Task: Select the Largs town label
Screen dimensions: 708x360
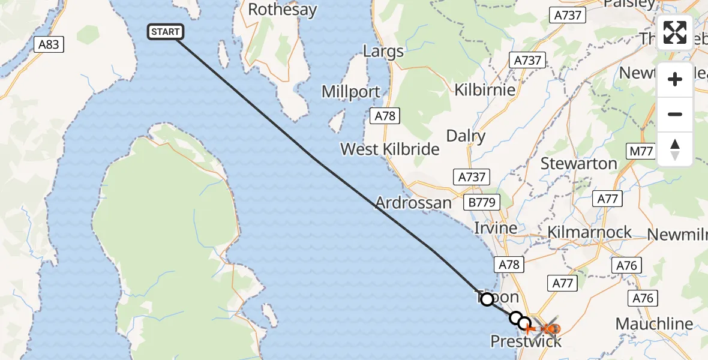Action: (383, 52)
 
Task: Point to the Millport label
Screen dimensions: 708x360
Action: (351, 92)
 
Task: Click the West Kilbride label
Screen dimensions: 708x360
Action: (390, 149)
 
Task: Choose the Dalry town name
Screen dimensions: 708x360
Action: (466, 136)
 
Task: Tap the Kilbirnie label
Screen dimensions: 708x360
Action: (485, 90)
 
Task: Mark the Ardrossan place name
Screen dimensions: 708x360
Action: (413, 203)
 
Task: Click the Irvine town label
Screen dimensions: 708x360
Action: (496, 229)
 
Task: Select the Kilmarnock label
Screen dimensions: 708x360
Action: (590, 232)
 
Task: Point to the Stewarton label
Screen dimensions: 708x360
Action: (578, 163)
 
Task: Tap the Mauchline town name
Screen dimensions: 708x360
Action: (654, 325)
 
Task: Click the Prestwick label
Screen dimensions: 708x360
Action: (526, 341)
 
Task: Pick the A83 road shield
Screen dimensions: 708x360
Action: (49, 44)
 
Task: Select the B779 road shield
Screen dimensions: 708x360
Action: (482, 202)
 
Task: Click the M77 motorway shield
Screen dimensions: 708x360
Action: (641, 151)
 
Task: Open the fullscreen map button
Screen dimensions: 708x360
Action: (675, 32)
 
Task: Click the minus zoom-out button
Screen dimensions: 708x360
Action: (675, 114)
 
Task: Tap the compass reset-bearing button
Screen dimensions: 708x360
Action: (675, 149)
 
